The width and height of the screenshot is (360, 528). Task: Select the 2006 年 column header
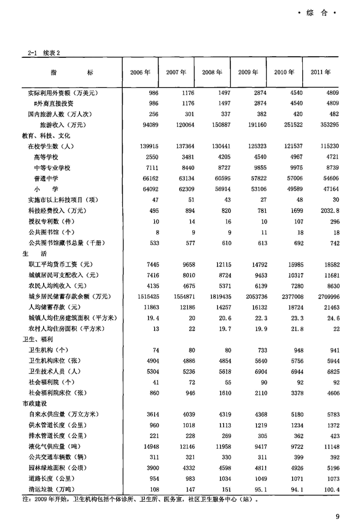tap(140, 72)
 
